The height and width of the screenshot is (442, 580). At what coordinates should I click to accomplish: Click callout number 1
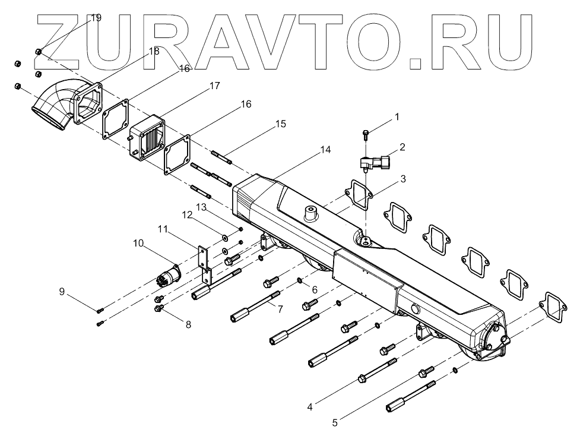tap(397, 117)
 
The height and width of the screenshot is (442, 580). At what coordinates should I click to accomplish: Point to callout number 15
tap(280, 124)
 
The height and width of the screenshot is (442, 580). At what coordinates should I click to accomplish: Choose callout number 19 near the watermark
tap(96, 17)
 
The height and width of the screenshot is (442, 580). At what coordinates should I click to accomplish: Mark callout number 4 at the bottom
tap(309, 408)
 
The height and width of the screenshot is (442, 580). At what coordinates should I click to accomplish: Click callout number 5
tap(335, 423)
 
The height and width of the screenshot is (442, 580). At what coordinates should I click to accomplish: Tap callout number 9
tap(62, 291)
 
